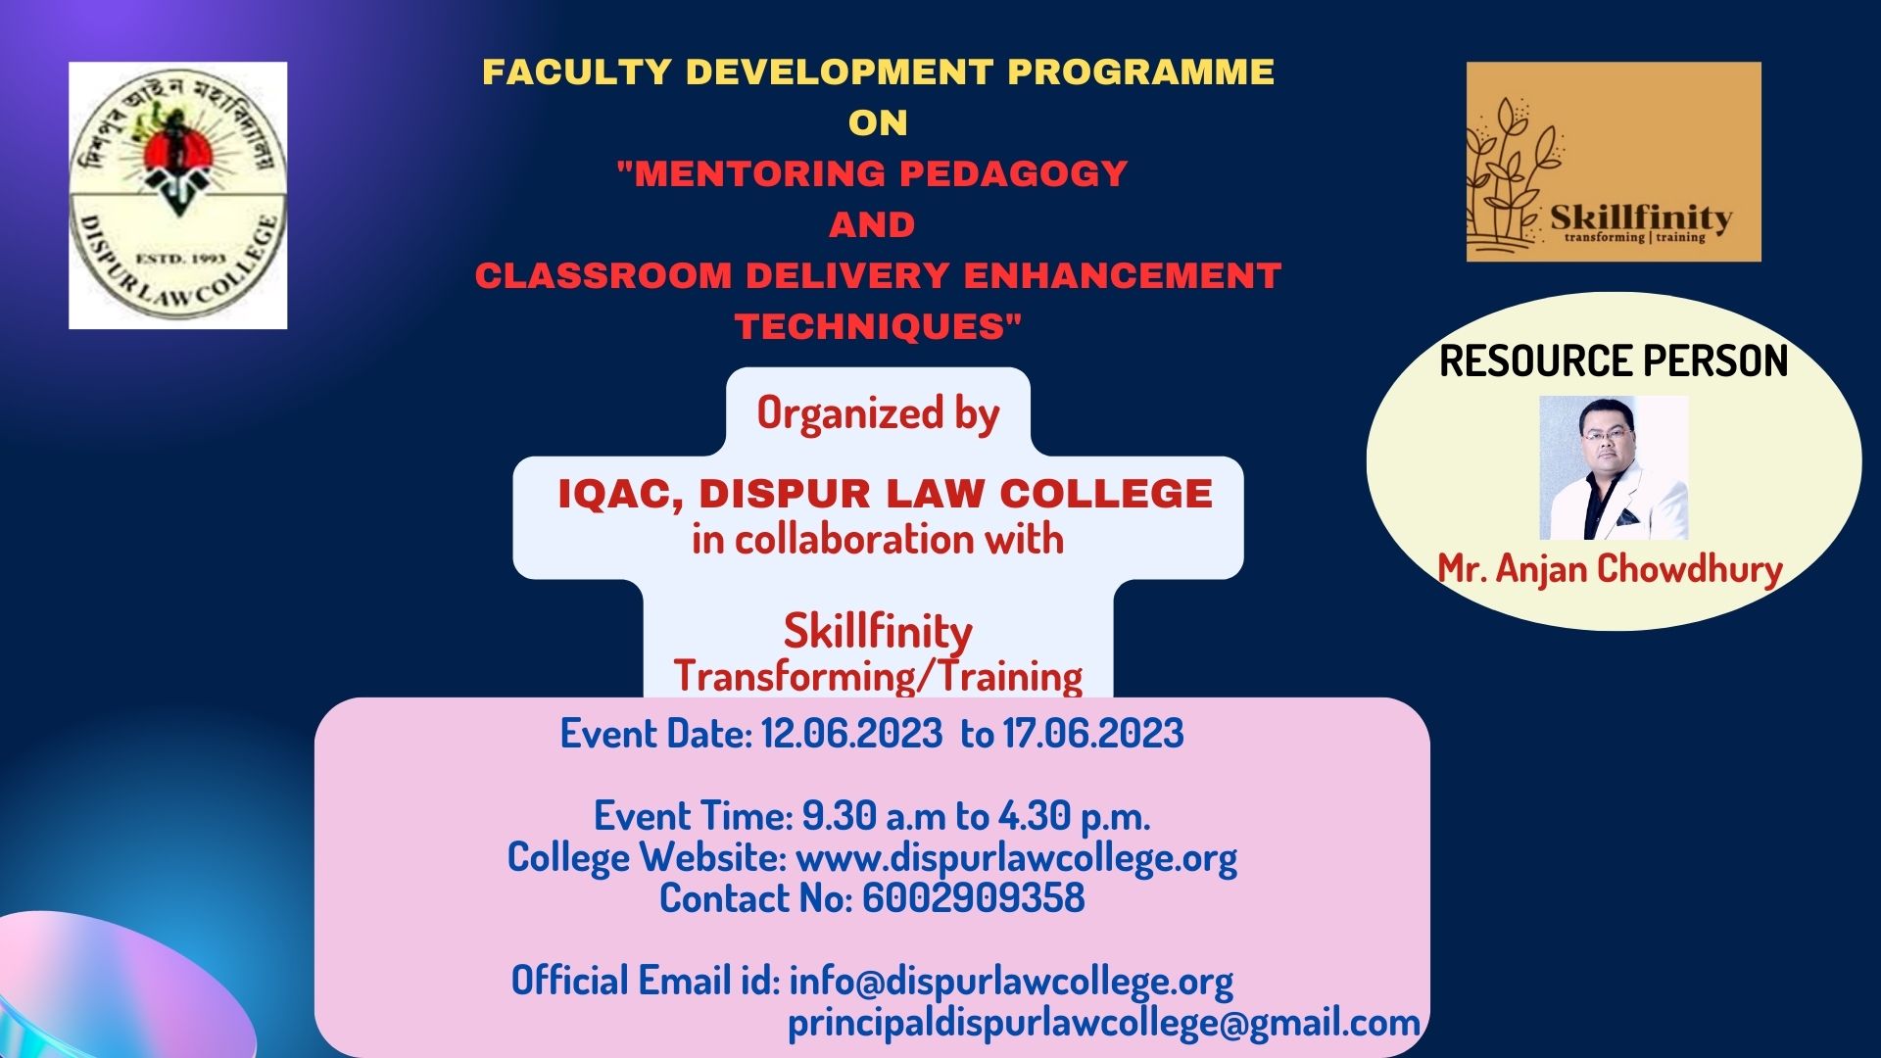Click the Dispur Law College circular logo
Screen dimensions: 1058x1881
pos(177,195)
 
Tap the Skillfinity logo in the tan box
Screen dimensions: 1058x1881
pos(1613,163)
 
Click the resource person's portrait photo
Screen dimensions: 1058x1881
pos(1614,467)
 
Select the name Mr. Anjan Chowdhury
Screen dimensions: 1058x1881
pos(1610,569)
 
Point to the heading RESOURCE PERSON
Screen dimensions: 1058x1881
pos(1614,361)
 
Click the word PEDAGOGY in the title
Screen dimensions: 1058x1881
pos(1014,173)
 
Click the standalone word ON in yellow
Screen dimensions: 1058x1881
pos(878,122)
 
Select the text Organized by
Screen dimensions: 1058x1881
pos(878,413)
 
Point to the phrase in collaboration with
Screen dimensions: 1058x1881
pos(878,540)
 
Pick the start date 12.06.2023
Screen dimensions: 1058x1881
pos(851,734)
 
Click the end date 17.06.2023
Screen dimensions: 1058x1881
pos(1092,734)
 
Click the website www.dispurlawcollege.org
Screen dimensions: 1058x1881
pos(1016,858)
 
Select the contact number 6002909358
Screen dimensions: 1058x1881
pos(973,898)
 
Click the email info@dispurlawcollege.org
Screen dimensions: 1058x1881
pos(1010,981)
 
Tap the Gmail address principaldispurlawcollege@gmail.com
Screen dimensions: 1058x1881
pos(1104,1023)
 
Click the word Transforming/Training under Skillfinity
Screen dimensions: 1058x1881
pos(878,676)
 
